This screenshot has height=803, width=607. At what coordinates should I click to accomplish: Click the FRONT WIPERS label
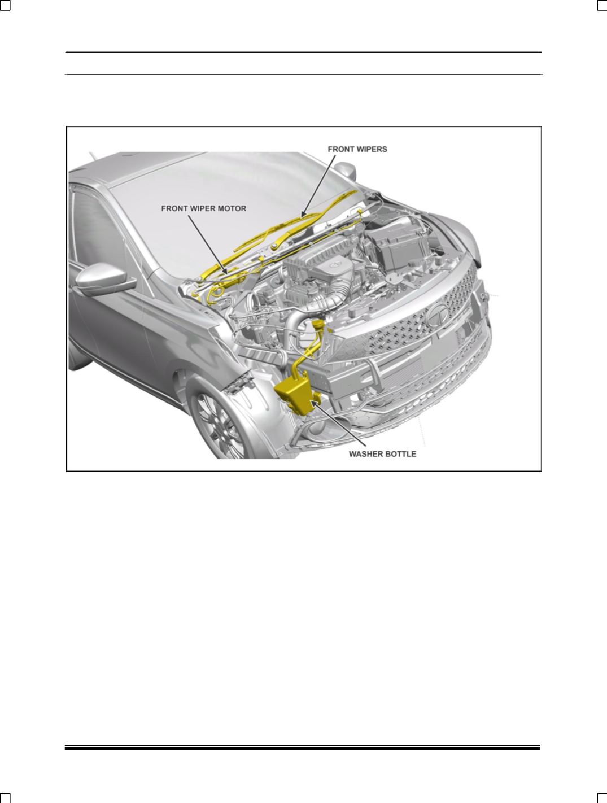pos(357,149)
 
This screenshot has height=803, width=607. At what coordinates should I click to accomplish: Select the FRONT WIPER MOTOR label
pos(204,208)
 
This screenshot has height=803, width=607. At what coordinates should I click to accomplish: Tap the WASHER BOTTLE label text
pos(382,454)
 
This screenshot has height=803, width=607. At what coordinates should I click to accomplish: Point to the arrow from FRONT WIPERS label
pos(318,185)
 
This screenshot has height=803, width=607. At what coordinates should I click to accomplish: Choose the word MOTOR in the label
pos(232,208)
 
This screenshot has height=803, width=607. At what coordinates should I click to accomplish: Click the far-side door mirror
pos(345,171)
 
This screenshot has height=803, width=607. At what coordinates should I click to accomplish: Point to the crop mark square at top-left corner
pos(5,5)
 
